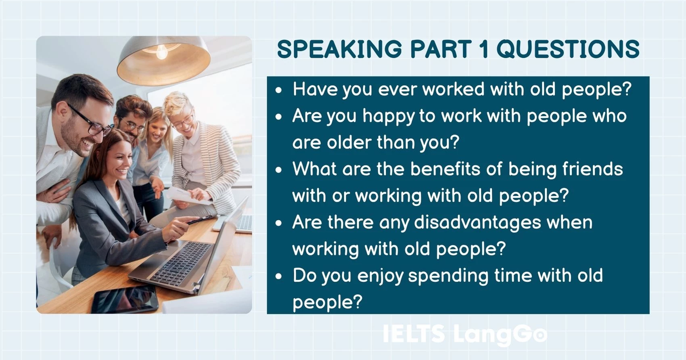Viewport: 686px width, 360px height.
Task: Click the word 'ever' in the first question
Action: [397, 89]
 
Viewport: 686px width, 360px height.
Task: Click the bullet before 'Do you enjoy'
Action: [278, 276]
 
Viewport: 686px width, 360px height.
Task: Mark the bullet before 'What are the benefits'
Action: [278, 170]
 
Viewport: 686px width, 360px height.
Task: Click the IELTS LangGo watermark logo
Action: [464, 334]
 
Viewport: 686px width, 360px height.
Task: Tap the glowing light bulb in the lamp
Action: [161, 52]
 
